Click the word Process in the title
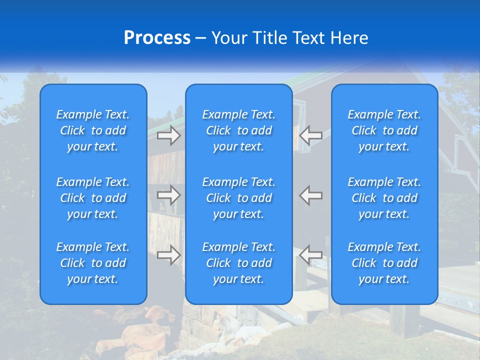[x=157, y=38]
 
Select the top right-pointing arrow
[x=169, y=135]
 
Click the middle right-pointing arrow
[x=169, y=195]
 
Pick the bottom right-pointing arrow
[x=169, y=255]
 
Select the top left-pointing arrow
[x=310, y=135]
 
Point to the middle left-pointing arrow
[x=310, y=195]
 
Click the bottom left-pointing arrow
[x=310, y=255]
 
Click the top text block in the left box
[x=93, y=130]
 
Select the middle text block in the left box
[x=93, y=198]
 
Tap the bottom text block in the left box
[x=93, y=263]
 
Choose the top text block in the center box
[x=238, y=130]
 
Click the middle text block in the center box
[x=238, y=198]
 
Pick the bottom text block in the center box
[x=238, y=263]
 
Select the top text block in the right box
[x=384, y=130]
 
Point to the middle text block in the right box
[x=384, y=198]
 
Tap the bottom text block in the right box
[x=384, y=263]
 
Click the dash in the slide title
[x=200, y=38]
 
